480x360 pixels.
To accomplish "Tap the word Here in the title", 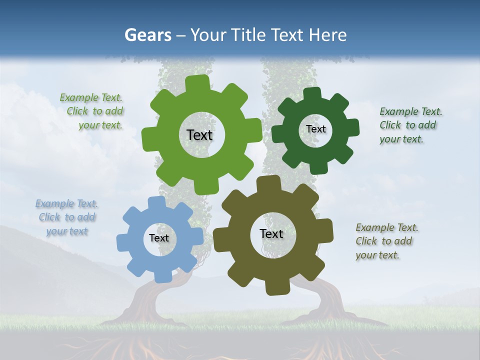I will [x=328, y=35].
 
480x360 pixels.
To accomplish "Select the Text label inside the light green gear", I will [x=199, y=135].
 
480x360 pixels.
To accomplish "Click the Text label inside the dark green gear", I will [x=315, y=129].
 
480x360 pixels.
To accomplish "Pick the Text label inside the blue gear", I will [x=159, y=238].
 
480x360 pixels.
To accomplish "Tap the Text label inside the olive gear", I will [x=271, y=233].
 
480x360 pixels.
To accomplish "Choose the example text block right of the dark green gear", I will [x=410, y=125].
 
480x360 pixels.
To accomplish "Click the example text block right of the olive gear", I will [x=386, y=241].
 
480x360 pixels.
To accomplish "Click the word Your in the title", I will [x=208, y=35].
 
